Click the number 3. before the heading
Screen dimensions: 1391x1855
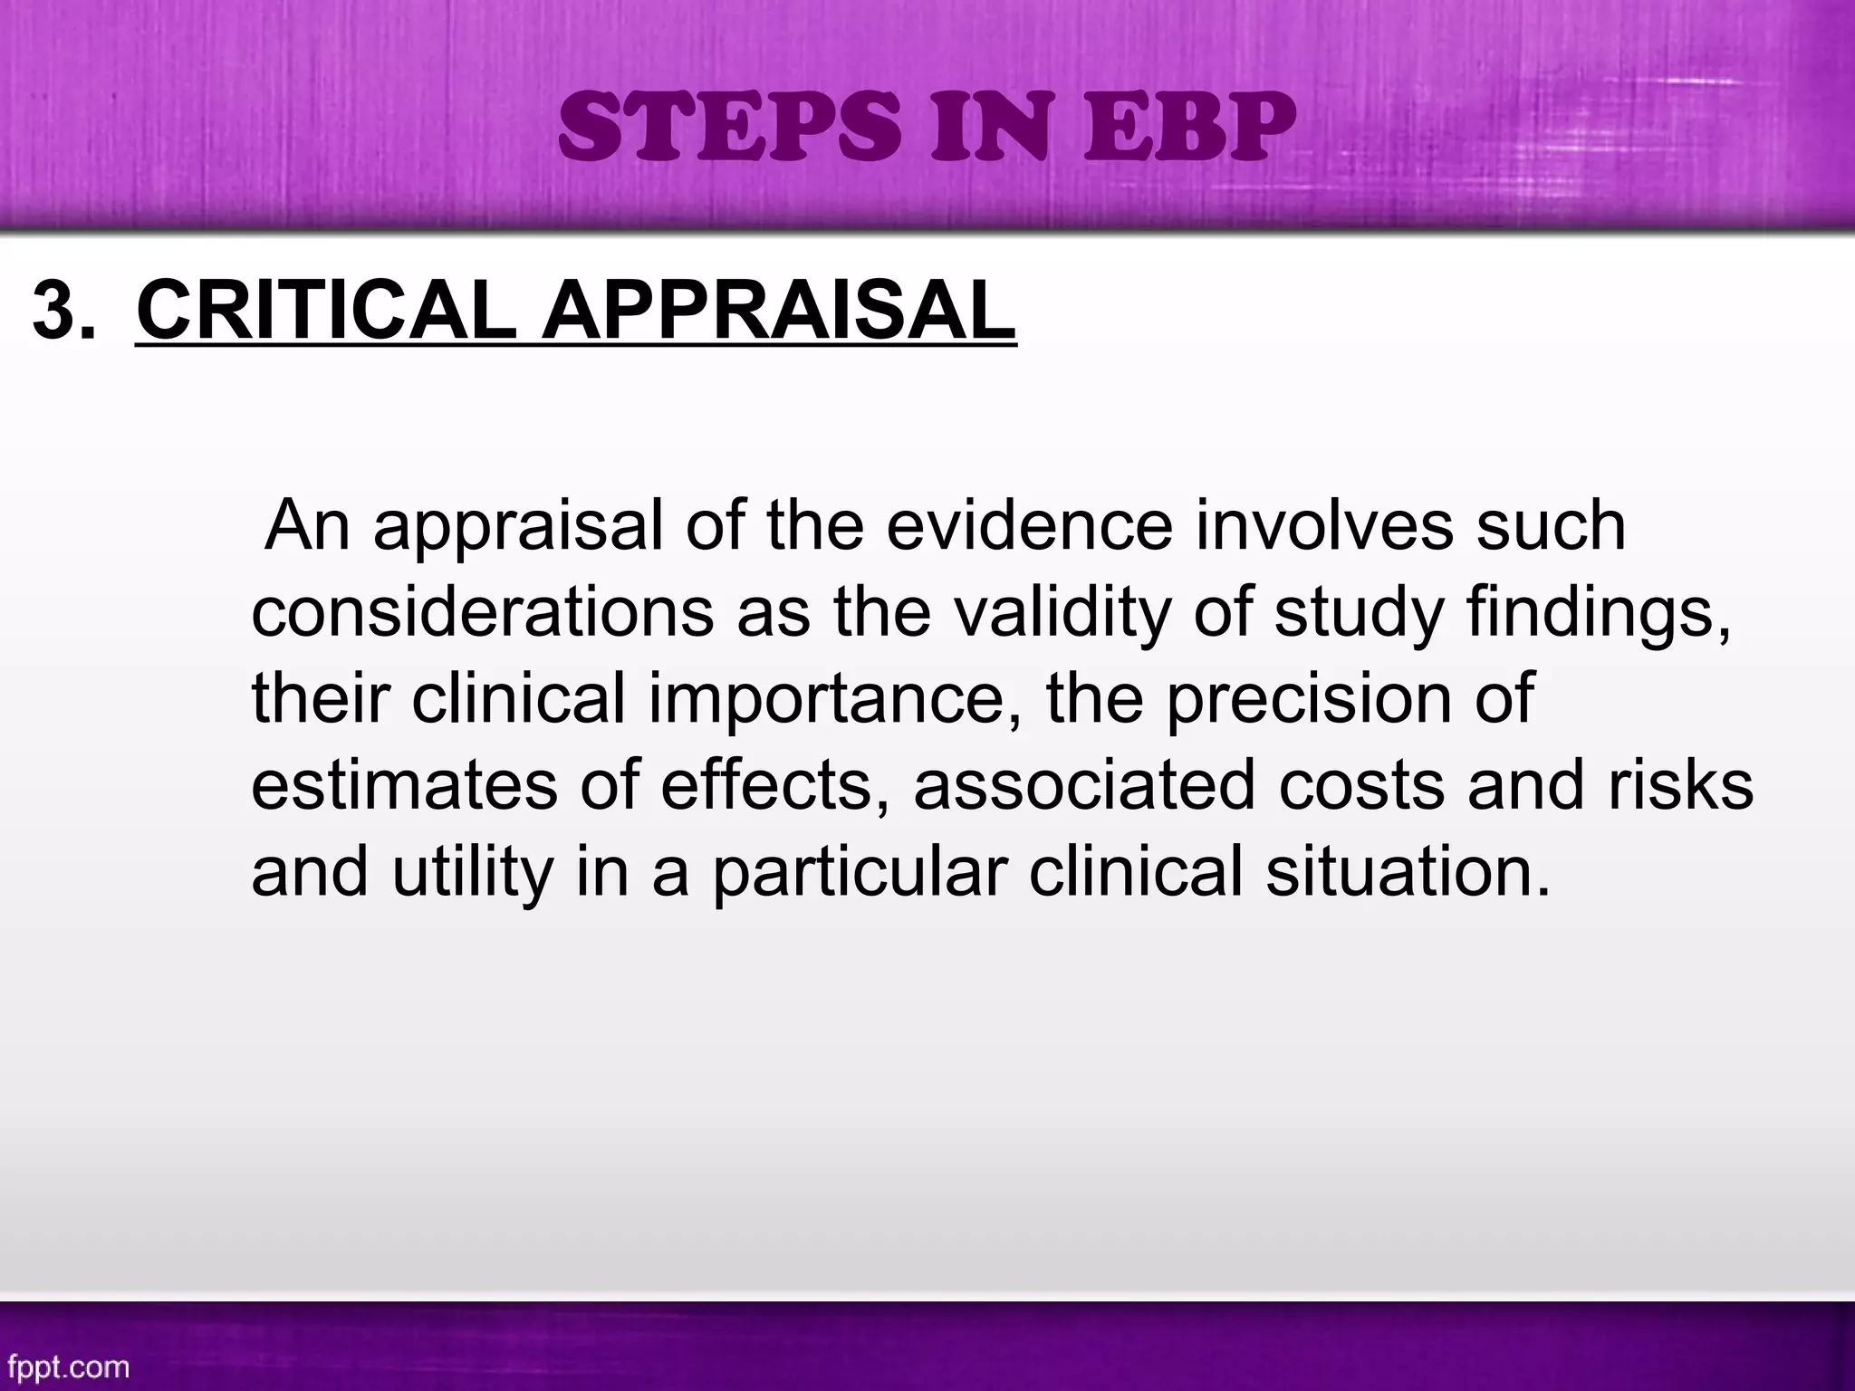coord(62,311)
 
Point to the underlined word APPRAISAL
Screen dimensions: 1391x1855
coord(779,311)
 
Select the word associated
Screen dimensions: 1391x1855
coord(1083,786)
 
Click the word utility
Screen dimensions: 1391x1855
coord(472,873)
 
